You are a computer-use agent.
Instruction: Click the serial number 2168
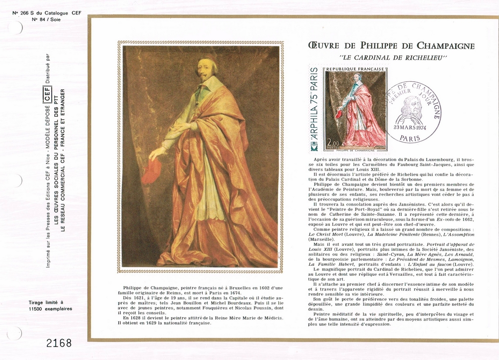(58, 343)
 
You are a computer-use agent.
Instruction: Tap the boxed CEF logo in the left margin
(48, 92)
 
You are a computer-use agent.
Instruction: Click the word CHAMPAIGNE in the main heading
(445, 46)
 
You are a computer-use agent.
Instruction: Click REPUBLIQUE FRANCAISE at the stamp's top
(355, 69)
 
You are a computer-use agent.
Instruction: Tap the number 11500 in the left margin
(37, 309)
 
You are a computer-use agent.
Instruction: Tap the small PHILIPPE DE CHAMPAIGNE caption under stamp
(356, 150)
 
